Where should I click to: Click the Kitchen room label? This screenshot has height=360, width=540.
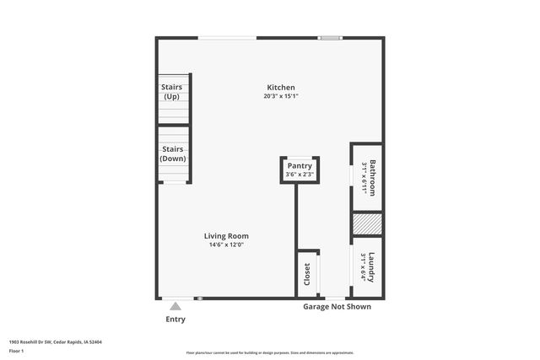click(x=281, y=88)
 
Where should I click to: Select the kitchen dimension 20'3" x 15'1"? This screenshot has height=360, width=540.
click(x=281, y=96)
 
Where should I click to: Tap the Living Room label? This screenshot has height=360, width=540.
click(x=226, y=236)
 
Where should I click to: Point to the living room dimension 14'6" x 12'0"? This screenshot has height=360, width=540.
click(x=226, y=245)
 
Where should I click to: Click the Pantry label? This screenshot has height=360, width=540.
click(x=300, y=166)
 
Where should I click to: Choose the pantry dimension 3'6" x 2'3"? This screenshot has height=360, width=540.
click(x=300, y=175)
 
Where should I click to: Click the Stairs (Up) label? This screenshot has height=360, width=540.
click(x=172, y=91)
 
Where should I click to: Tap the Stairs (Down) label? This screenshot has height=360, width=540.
click(x=173, y=153)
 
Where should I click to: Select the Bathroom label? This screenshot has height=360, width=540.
click(x=372, y=178)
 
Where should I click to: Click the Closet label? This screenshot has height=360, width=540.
click(x=307, y=274)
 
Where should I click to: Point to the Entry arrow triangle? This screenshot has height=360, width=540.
click(x=175, y=306)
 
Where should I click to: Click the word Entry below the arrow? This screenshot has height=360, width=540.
click(x=175, y=320)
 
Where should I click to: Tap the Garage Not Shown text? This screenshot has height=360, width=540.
click(x=337, y=307)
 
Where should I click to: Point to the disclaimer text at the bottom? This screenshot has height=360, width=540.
click(x=269, y=352)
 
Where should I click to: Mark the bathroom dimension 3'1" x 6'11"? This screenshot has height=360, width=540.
click(x=364, y=178)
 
